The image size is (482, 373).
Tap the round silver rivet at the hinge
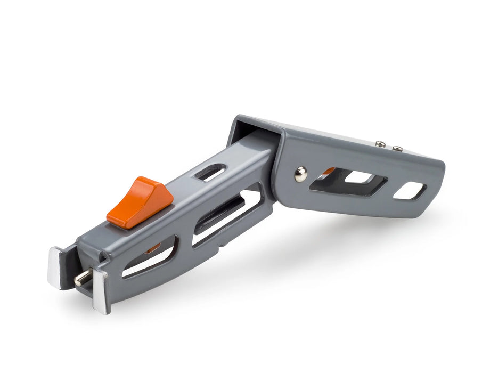pyautogui.click(x=301, y=174)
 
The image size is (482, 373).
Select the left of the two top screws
pyautogui.click(x=380, y=144)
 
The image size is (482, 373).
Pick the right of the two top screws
pyautogui.click(x=397, y=149)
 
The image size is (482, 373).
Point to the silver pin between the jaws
pyautogui.click(x=83, y=278)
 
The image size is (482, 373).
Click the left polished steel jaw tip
pyautogui.click(x=55, y=266)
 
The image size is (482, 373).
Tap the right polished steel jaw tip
pyautogui.click(x=101, y=290)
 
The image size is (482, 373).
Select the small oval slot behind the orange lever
pyautogui.click(x=210, y=172)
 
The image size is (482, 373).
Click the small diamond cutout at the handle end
pyautogui.click(x=410, y=191)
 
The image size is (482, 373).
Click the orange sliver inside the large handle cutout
pyautogui.click(x=329, y=171)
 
